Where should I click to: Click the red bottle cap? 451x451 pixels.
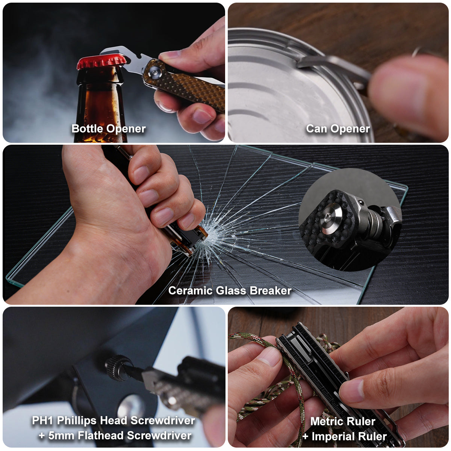coord(101,62)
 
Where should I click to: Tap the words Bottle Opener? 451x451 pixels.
coord(109,129)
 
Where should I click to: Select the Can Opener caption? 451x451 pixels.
coord(338,129)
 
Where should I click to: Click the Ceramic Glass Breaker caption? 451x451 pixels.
coord(230,291)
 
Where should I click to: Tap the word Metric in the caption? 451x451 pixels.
coord(325,421)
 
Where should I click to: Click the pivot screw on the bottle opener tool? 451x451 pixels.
coord(154,73)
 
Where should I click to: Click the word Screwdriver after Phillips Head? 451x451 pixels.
coord(163,420)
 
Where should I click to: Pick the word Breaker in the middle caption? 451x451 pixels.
coord(271,291)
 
